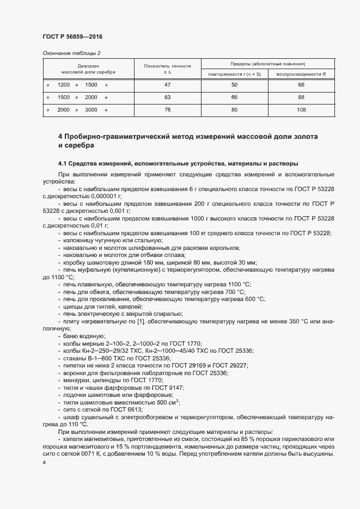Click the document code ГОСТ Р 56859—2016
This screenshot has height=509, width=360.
click(72, 36)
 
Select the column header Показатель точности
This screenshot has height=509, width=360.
click(167, 66)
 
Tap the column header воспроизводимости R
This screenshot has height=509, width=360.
click(301, 73)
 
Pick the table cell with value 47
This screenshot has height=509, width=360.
click(167, 85)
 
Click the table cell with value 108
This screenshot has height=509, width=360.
click(301, 110)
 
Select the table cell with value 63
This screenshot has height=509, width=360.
click(167, 97)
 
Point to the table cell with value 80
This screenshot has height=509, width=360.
click(235, 110)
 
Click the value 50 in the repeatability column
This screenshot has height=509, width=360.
click(235, 85)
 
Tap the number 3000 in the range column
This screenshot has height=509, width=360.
click(91, 110)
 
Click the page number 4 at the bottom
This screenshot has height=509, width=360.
click(44, 463)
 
